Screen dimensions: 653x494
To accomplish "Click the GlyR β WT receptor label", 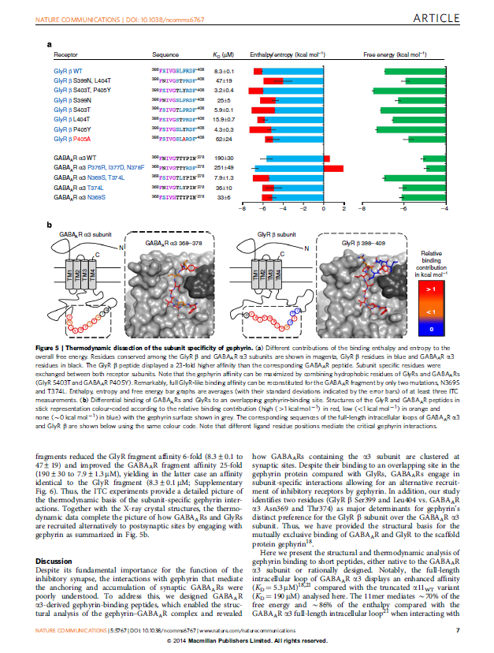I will tap(67, 72).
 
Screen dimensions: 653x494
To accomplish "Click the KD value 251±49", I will tap(225, 168).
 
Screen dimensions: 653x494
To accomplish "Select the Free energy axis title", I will tap(395, 57).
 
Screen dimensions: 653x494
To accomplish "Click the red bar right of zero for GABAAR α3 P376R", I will tap(333, 168).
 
